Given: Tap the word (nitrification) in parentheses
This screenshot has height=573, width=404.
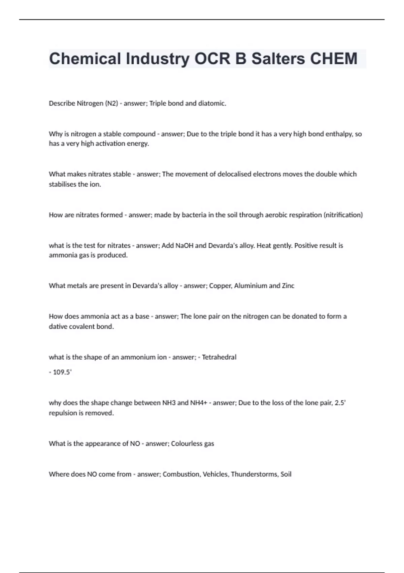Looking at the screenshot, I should click(x=343, y=215).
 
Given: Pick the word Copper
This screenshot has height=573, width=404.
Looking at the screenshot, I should click(x=221, y=286).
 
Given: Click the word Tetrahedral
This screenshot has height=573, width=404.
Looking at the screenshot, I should click(x=219, y=357).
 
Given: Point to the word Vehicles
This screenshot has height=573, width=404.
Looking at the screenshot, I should click(x=215, y=474).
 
